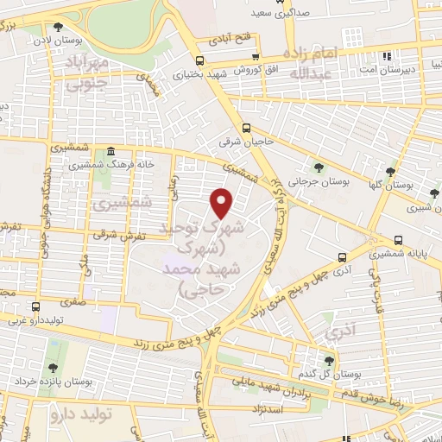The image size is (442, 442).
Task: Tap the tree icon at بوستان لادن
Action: click(x=58, y=28)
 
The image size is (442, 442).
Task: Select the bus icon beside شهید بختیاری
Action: click(x=200, y=60)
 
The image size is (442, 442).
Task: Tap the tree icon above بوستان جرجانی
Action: click(x=321, y=167)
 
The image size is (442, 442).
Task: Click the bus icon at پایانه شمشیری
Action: click(x=398, y=240)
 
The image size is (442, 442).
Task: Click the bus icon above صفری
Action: click(x=35, y=306)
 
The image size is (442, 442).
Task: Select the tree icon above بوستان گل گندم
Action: click(x=328, y=361)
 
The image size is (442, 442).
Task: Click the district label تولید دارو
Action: click(x=83, y=416)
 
